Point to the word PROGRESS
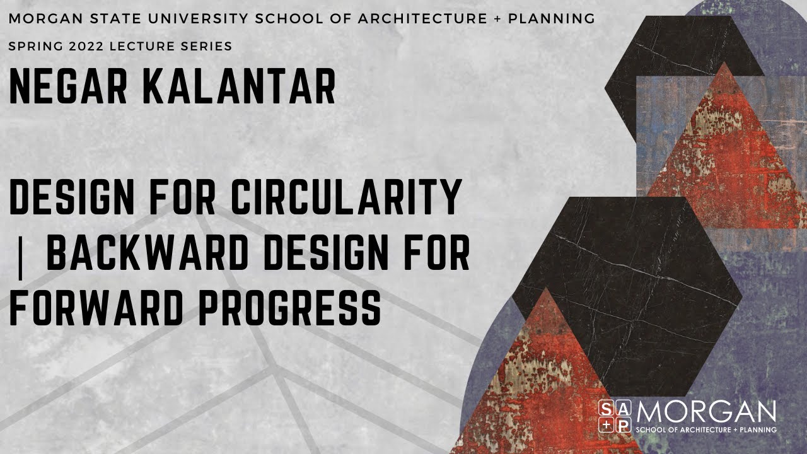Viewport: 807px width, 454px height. pyautogui.click(x=290, y=309)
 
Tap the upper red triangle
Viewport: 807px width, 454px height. pyautogui.click(x=725, y=158)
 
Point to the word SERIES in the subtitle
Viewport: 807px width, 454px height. pyautogui.click(x=209, y=47)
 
